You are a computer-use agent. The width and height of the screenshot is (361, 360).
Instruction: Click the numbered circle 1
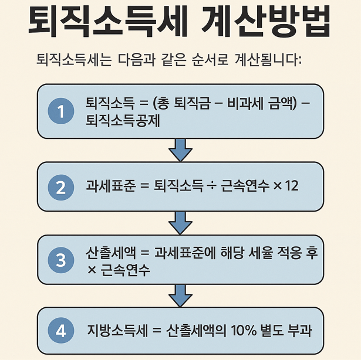point(60,111)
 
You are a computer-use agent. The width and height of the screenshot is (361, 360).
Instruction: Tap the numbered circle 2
point(60,187)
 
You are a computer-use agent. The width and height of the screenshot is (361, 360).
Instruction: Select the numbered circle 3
point(60,260)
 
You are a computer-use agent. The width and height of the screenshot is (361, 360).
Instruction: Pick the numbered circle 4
point(60,331)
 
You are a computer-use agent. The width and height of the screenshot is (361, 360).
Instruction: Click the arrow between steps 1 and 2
point(180,150)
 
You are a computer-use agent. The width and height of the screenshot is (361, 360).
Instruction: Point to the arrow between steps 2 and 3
point(180,223)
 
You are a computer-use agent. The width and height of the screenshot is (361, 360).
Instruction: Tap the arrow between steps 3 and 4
point(180,295)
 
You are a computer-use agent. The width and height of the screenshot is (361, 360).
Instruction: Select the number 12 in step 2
point(291,186)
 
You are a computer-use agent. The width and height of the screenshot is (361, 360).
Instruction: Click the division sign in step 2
point(212,186)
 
